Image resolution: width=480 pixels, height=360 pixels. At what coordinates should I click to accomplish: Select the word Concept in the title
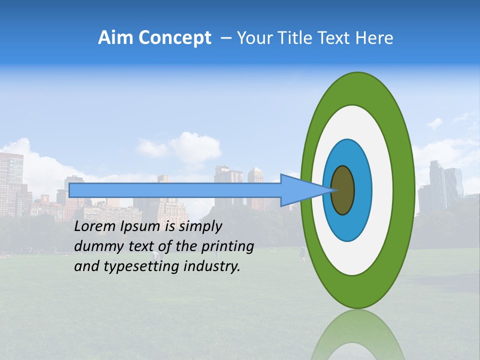174,38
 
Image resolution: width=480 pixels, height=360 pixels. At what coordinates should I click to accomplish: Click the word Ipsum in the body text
137,227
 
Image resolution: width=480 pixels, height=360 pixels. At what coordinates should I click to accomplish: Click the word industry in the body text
212,266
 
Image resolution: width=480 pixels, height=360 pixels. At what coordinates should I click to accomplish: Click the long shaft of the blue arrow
175,190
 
